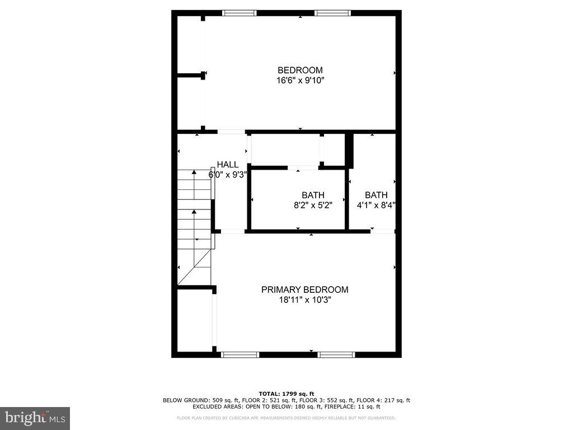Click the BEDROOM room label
pyautogui.click(x=300, y=70)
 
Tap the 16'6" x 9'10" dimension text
pyautogui.click(x=300, y=81)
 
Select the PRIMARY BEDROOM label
pyautogui.click(x=304, y=289)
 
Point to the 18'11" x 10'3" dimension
pyautogui.click(x=304, y=300)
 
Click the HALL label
pyautogui.click(x=227, y=165)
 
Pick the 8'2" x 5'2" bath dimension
pyautogui.click(x=313, y=205)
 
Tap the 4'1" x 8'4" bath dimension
pyautogui.click(x=376, y=205)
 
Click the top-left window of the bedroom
pyautogui.click(x=239, y=12)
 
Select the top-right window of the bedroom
pyautogui.click(x=333, y=12)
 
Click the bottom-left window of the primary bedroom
pyautogui.click(x=240, y=354)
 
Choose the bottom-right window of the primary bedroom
pyautogui.click(x=336, y=354)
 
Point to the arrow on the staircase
pyautogui.click(x=194, y=212)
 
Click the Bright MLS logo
pyautogui.click(x=35, y=418)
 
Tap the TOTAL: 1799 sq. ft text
pyautogui.click(x=286, y=394)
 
